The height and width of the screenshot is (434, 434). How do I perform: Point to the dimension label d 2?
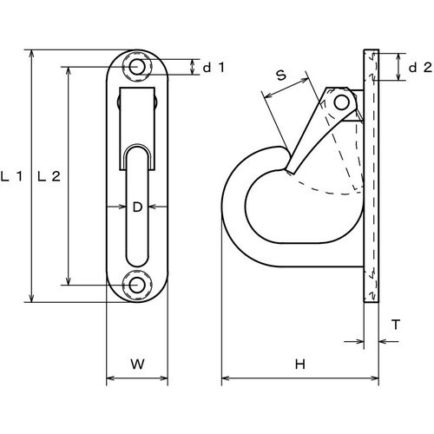click(x=419, y=66)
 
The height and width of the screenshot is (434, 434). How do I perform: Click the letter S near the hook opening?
click(x=280, y=76)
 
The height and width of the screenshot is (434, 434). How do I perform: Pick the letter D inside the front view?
click(x=136, y=207)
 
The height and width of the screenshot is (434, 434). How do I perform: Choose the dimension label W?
click(x=136, y=365)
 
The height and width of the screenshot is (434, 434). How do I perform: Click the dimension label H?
click(x=299, y=365)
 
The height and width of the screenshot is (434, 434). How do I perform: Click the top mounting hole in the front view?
click(x=136, y=66)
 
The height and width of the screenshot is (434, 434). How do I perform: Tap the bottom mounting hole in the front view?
click(x=136, y=284)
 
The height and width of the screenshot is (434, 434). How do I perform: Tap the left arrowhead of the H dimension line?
click(x=226, y=379)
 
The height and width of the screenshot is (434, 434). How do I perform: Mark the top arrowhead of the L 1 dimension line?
click(x=32, y=55)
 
